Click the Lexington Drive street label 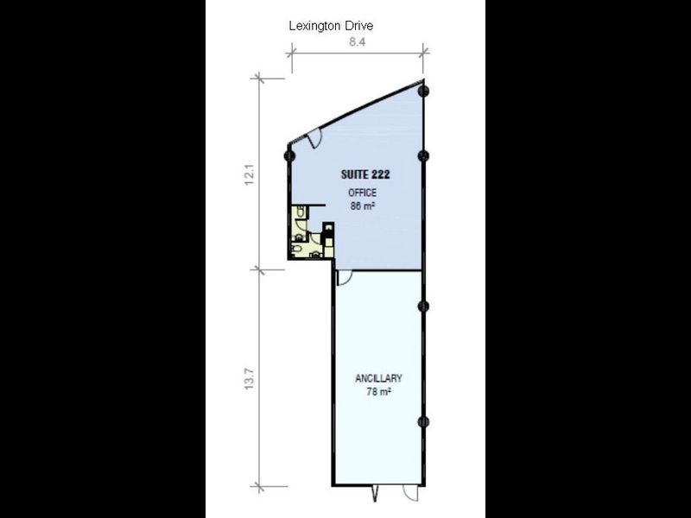pyautogui.click(x=330, y=27)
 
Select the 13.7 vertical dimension pyautogui.click(x=250, y=378)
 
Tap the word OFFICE pyautogui.click(x=363, y=193)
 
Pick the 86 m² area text pyautogui.click(x=363, y=208)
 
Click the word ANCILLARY pyautogui.click(x=379, y=379)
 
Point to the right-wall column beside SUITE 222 pyautogui.click(x=422, y=155)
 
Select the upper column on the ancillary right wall pyautogui.click(x=422, y=306)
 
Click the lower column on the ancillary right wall pyautogui.click(x=422, y=421)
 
